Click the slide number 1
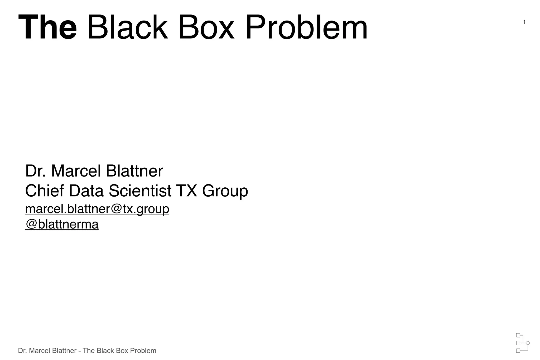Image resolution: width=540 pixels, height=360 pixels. tap(524, 22)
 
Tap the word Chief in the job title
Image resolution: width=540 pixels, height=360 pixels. tap(44, 191)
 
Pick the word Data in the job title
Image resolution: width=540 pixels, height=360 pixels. tap(86, 191)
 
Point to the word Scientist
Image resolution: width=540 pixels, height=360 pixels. tap(140, 191)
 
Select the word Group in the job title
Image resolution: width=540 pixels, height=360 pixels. tap(225, 191)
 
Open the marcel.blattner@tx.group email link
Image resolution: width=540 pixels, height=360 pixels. tap(97, 209)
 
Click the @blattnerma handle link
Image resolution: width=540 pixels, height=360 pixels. tap(62, 224)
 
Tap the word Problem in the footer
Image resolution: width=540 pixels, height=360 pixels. tap(143, 351)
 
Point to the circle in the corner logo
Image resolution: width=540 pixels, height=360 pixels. tap(528, 343)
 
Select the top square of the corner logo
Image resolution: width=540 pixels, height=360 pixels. tap(518, 335)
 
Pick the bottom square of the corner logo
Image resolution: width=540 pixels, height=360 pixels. tap(518, 351)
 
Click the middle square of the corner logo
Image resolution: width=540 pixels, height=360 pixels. tap(518, 343)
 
